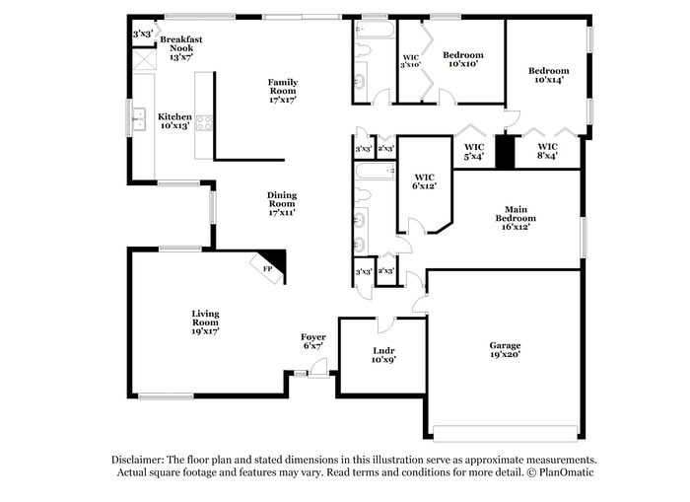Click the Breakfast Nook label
[x=181, y=48]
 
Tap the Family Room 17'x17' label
[x=283, y=90]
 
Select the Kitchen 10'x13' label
[x=175, y=120]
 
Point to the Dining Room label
[x=281, y=203]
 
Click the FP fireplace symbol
[x=269, y=266]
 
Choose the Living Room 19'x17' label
[x=205, y=322]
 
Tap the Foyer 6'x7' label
[x=312, y=341]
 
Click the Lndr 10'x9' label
[x=383, y=354]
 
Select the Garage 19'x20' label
[x=505, y=349]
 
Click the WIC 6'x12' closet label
[x=424, y=179]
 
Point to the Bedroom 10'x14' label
[x=548, y=76]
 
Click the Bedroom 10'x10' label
[x=462, y=59]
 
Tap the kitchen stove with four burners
[x=205, y=123]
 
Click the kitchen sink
[x=139, y=119]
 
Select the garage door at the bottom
[x=505, y=432]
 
